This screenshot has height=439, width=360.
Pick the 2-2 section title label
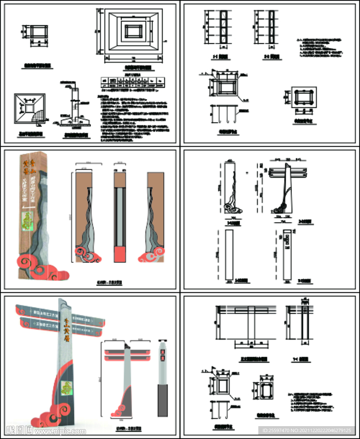pyautogui.click(x=272, y=56)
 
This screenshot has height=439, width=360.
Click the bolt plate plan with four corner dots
pyautogui.click(x=304, y=98)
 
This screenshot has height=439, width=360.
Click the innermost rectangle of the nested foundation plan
pyautogui.click(x=133, y=31)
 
